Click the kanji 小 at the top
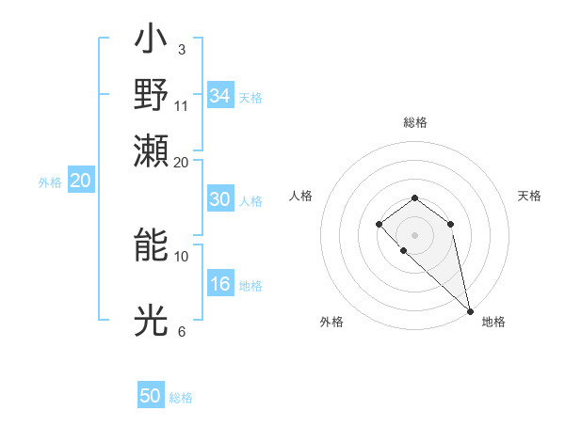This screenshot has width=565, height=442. (x=151, y=41)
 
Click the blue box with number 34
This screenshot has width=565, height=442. (x=219, y=96)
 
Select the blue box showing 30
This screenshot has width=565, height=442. (x=219, y=199)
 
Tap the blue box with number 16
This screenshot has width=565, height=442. (x=219, y=285)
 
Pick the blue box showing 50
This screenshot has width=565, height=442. (x=151, y=396)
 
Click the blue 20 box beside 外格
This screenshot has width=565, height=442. (x=80, y=182)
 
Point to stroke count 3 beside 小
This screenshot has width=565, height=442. (x=181, y=49)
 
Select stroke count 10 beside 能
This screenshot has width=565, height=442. (x=182, y=256)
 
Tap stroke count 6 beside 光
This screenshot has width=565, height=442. (x=181, y=331)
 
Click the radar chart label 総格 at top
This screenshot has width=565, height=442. (x=414, y=122)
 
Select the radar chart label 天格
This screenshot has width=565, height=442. (x=529, y=196)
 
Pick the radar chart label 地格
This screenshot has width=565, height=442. (x=493, y=322)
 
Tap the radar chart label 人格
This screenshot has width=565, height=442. (x=300, y=196)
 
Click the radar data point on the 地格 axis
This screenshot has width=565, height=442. (x=470, y=310)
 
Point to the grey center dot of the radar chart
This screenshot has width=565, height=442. (x=414, y=234)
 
